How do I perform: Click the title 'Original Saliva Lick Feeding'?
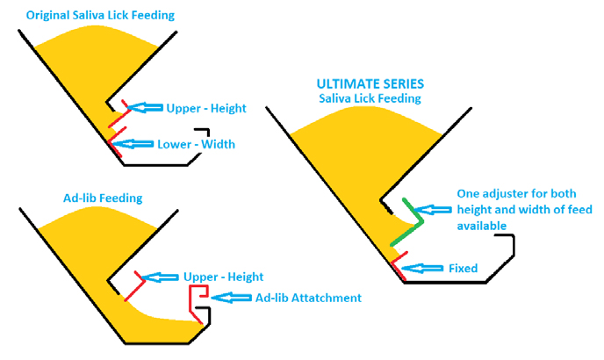click(x=99, y=16)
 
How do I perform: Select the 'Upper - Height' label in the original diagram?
click(x=206, y=109)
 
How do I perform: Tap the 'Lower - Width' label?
click(x=196, y=144)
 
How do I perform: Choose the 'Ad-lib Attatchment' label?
click(x=307, y=298)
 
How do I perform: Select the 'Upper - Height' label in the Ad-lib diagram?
click(x=223, y=277)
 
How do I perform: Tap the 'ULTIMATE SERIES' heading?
click(x=370, y=83)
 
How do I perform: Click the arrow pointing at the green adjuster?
click(x=434, y=210)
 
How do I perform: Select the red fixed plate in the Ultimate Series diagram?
click(x=398, y=264)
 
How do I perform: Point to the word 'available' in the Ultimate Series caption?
click(x=482, y=226)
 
